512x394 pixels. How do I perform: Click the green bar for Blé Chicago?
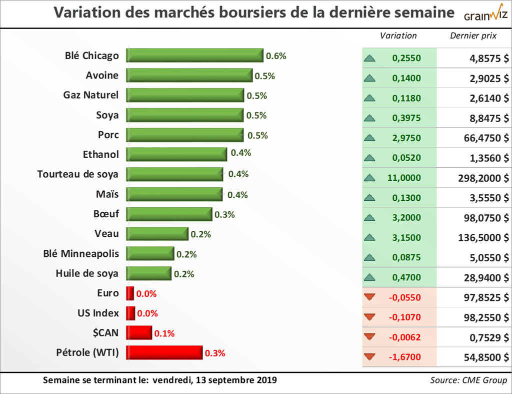[x=195, y=56]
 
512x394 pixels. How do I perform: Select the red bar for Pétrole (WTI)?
[x=164, y=353]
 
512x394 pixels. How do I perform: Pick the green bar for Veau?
[x=157, y=234]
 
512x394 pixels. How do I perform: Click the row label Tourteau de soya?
[x=78, y=174]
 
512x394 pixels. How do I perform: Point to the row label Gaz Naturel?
[x=91, y=95]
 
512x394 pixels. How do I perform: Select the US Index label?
[x=98, y=313]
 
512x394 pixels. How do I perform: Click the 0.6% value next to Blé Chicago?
[x=276, y=56]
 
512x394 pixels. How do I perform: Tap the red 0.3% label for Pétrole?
[x=215, y=353]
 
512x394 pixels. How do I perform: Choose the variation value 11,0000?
[x=406, y=178]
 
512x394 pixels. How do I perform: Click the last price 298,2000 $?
[x=483, y=178]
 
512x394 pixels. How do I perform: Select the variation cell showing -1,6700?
[x=405, y=357]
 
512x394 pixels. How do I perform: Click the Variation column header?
[x=398, y=36]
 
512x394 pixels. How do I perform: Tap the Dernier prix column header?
[x=473, y=36]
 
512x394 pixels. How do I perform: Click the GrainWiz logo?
[x=485, y=14]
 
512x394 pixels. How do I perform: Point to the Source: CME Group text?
[x=468, y=380]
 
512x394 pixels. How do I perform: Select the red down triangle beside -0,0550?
[x=370, y=297]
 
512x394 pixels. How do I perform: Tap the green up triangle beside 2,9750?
[x=370, y=138]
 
